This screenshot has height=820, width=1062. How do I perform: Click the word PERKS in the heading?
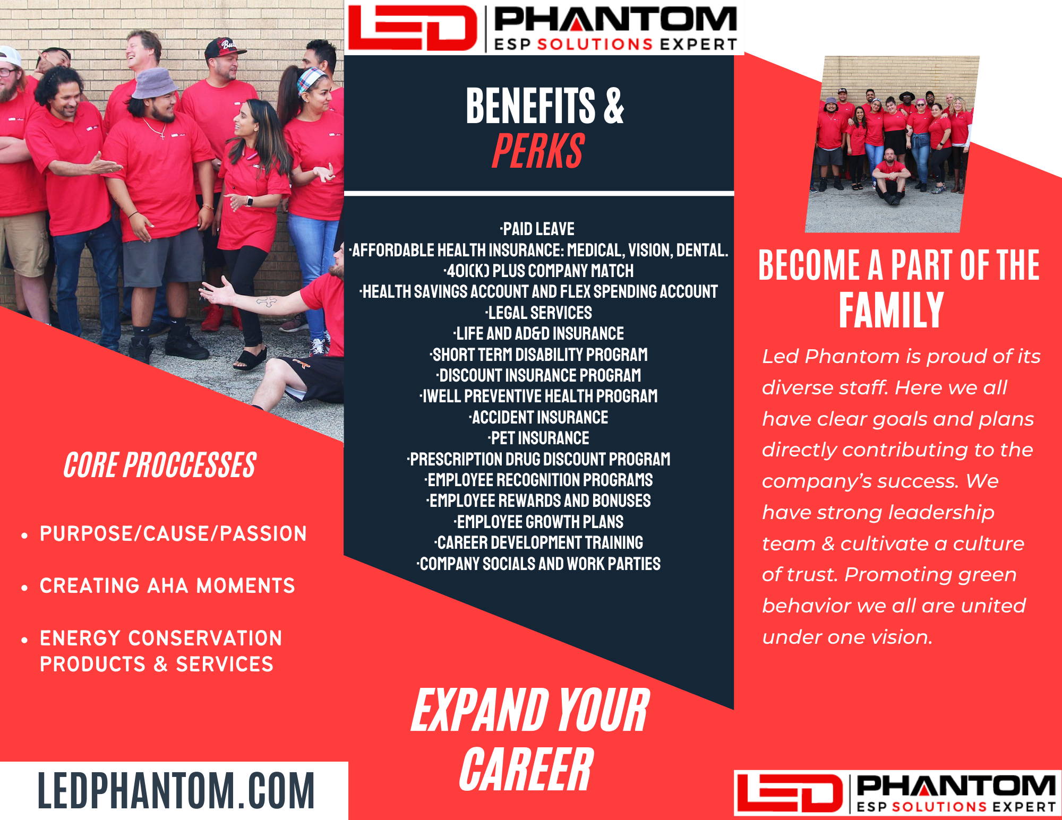pos(538,151)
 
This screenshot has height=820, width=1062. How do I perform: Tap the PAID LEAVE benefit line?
pos(537,229)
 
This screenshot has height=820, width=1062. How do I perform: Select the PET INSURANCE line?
pos(538,438)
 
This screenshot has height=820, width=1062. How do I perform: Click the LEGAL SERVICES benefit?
pos(538,313)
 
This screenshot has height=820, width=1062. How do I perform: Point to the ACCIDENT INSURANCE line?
pos(538,417)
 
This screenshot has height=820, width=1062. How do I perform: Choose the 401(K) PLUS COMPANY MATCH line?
pos(538,271)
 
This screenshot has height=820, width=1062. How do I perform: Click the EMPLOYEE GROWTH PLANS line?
pos(538,522)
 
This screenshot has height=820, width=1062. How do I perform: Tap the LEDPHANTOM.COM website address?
pos(176,791)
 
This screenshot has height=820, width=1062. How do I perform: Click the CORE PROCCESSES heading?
pos(160,465)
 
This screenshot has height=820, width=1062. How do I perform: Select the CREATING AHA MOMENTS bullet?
pos(167,585)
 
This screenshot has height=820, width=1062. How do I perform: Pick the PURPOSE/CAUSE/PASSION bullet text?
pos(173,533)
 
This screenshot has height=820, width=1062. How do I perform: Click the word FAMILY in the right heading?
pos(891,310)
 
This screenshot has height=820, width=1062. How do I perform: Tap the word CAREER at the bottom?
pos(526,769)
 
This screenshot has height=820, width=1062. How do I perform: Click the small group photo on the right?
pos(892,144)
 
